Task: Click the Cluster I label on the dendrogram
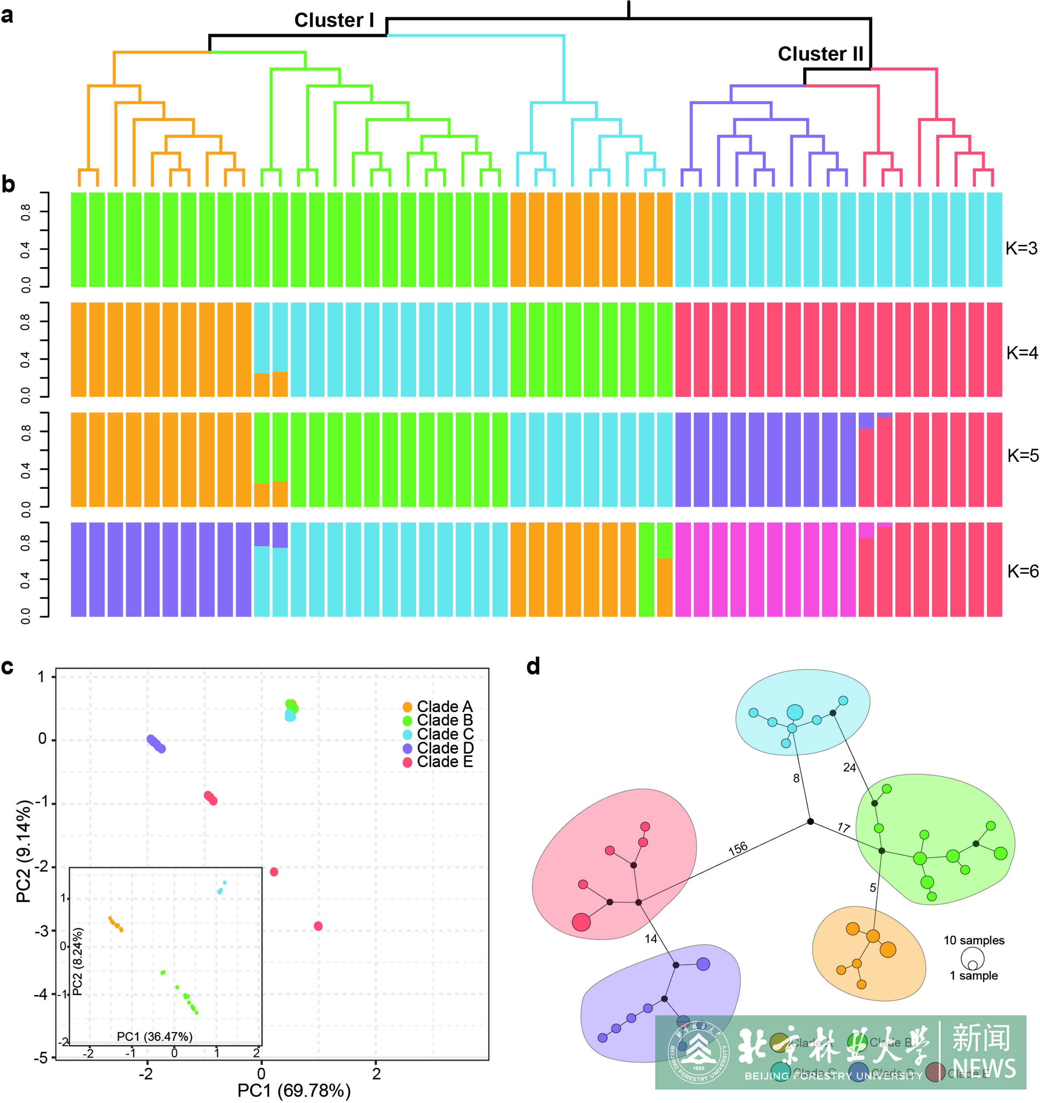tap(334, 20)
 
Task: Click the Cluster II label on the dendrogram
tap(820, 54)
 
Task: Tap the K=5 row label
tap(1022, 456)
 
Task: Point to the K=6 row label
tap(1022, 572)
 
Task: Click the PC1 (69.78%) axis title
tap(294, 1091)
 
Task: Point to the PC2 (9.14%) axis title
tap(23, 852)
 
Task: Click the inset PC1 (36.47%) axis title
tap(155, 1036)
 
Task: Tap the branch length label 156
tap(738, 849)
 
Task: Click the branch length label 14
tap(650, 939)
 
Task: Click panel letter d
tap(533, 666)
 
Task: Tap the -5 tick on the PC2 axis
tap(42, 1058)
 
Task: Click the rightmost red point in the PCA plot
tap(318, 926)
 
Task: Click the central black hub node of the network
tap(810, 822)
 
